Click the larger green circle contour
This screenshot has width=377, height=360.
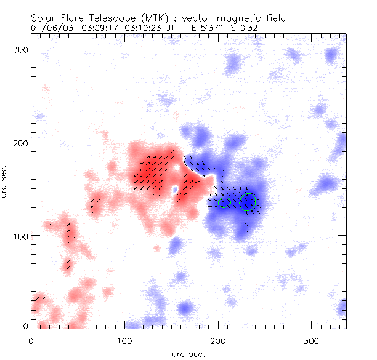(x=248, y=201)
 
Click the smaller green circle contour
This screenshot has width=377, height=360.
(x=224, y=202)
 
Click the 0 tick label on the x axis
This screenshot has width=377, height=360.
(x=31, y=340)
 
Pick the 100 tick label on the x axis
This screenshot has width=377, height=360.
(x=124, y=340)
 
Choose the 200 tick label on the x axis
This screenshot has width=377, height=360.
(x=218, y=340)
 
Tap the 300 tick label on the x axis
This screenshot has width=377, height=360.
(x=312, y=340)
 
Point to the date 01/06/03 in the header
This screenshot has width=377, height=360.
(x=48, y=28)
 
